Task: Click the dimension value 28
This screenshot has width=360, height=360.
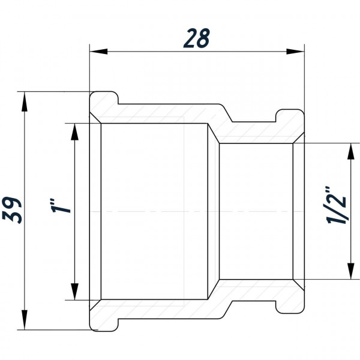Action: point(196,37)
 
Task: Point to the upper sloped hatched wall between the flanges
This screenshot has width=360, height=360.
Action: point(222,123)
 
